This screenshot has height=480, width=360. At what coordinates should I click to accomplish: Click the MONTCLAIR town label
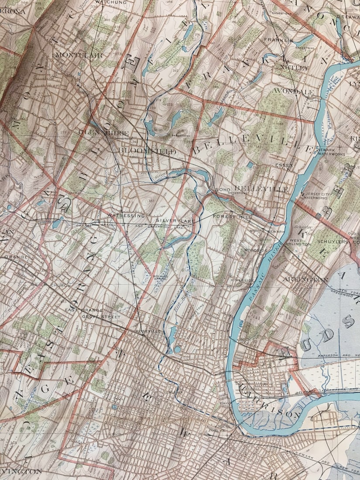coord(79,55)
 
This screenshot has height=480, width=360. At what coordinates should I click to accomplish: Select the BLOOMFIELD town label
coord(147,151)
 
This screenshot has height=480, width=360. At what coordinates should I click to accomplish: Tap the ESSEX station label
coord(283,165)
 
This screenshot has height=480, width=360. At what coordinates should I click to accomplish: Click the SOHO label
coord(223,189)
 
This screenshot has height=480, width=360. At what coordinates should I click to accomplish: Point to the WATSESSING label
coord(126,215)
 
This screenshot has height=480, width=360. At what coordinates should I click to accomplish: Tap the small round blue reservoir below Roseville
coord(177,350)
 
